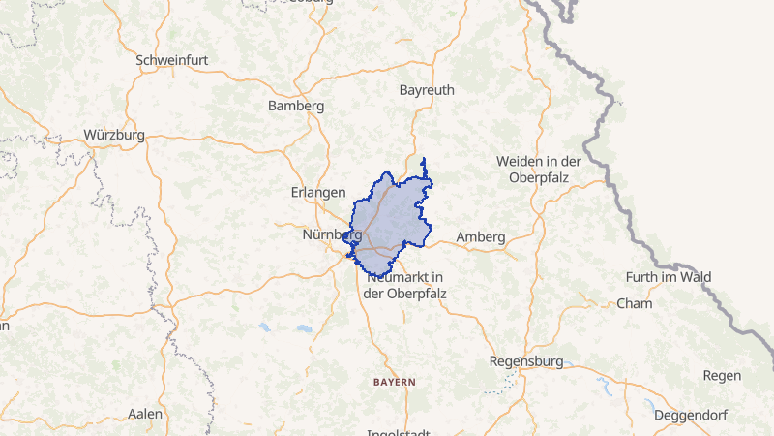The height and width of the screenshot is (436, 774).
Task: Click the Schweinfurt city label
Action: coord(172,59)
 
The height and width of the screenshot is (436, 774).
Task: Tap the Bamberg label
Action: coord(296,105)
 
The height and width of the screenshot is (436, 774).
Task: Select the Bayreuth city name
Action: coord(427,90)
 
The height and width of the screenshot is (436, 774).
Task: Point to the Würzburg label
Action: coord(114,135)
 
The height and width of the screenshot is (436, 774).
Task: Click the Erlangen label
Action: coord(319,192)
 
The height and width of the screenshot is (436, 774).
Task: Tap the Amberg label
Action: coord(481,236)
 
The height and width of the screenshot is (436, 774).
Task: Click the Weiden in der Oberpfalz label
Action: coord(538,169)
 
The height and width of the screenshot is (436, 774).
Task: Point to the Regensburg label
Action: coord(526,361)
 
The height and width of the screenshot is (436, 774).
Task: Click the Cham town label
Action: coord(635,303)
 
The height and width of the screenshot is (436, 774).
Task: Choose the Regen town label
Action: coord(723,375)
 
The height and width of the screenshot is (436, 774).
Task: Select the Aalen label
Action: coord(145,414)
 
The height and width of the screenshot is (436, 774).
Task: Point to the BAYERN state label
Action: coord(395,382)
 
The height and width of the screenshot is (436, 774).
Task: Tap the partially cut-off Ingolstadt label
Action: coord(397,432)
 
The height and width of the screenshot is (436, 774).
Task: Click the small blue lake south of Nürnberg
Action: coord(264,327)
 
